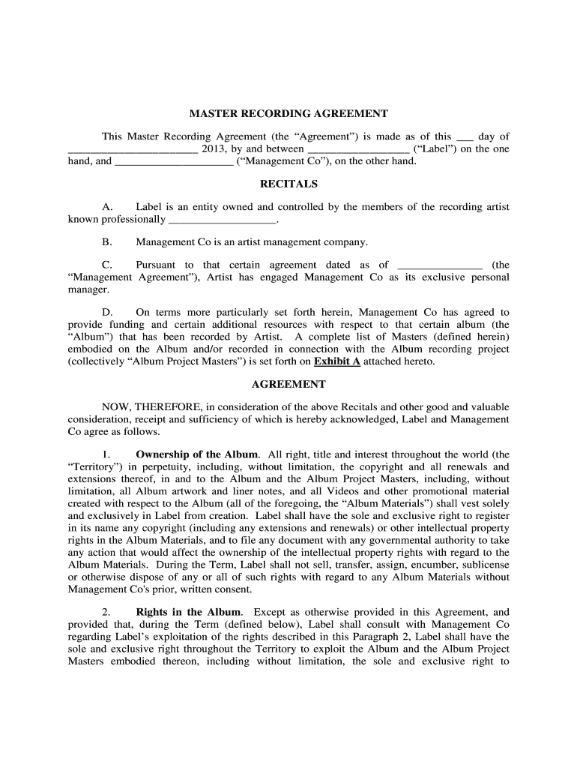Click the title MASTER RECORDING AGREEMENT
(x=288, y=114)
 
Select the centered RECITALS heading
(x=288, y=184)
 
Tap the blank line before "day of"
(x=465, y=137)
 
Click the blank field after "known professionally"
(x=223, y=220)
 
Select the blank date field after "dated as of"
(x=438, y=265)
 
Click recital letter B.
(x=107, y=242)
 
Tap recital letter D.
(x=107, y=312)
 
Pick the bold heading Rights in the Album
(x=188, y=612)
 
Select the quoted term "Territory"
(x=93, y=466)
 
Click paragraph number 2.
(x=106, y=612)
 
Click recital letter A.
(x=107, y=207)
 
